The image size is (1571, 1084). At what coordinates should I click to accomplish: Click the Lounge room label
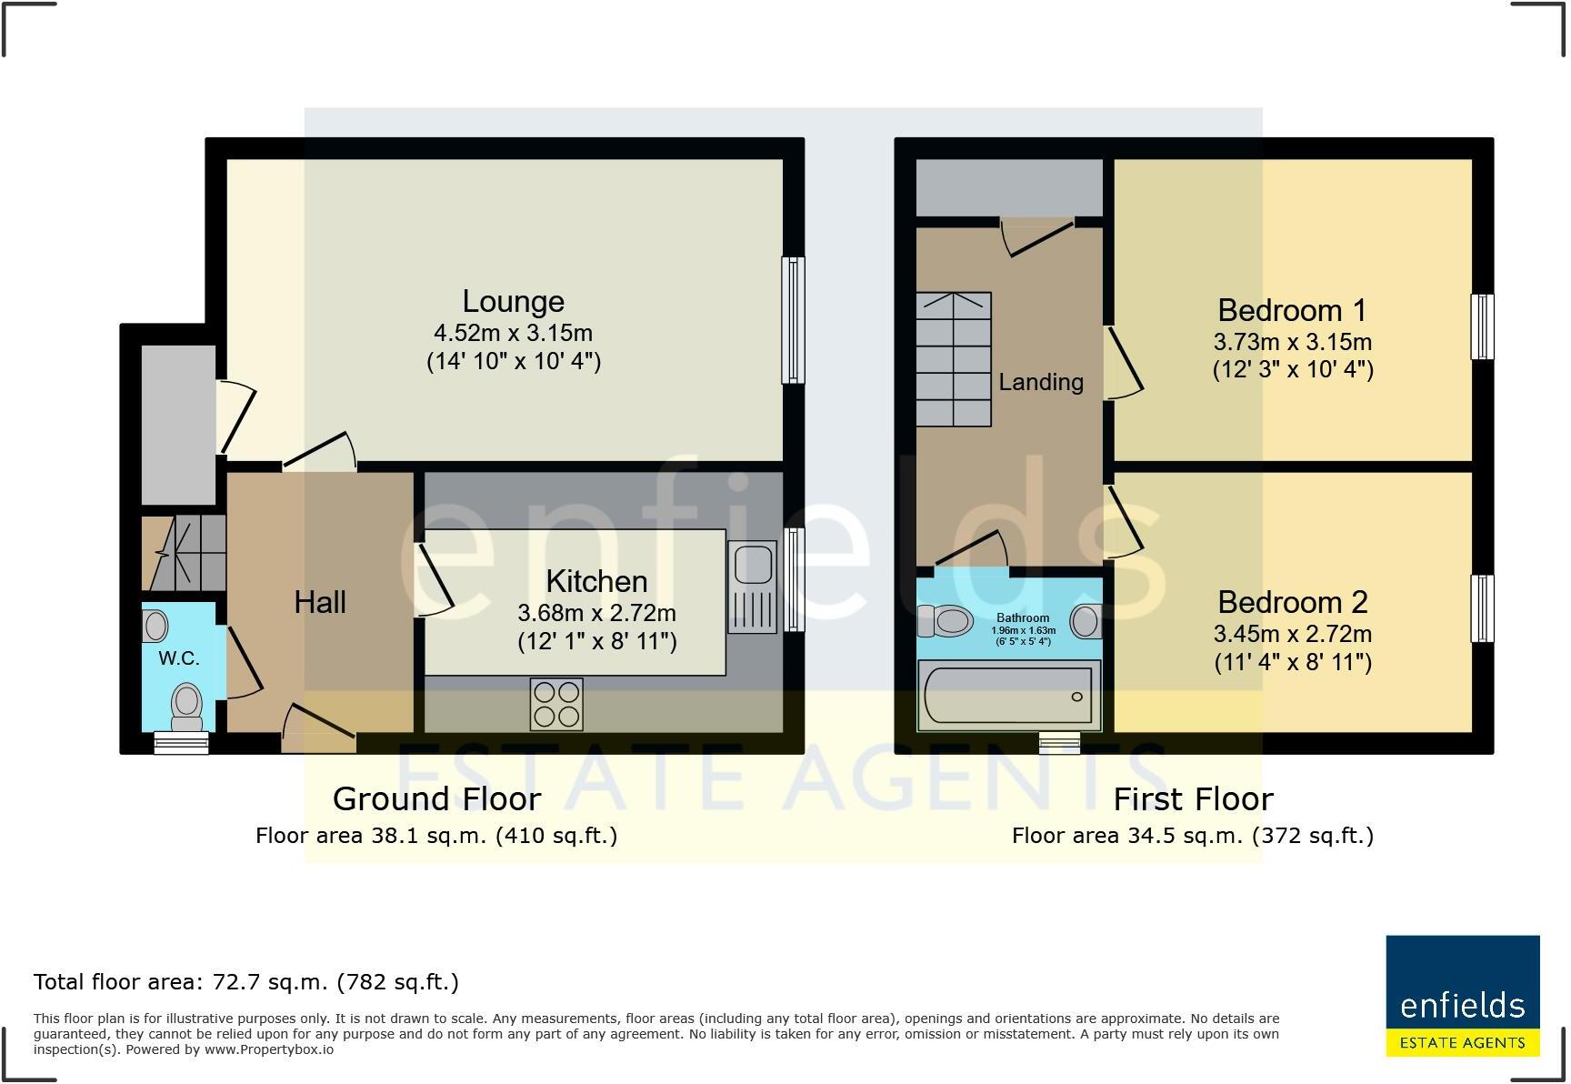tap(513, 301)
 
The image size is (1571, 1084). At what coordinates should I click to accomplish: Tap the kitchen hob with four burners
tap(557, 704)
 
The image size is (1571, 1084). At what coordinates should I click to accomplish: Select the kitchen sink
tap(752, 587)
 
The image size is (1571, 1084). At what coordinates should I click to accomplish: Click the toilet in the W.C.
tap(187, 708)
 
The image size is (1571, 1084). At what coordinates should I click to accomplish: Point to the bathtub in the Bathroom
tap(1009, 697)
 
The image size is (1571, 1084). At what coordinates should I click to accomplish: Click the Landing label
tap(1041, 382)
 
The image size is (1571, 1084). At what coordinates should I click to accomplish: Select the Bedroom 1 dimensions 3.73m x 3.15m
tap(1292, 343)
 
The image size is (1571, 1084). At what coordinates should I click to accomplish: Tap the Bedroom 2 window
tap(1482, 607)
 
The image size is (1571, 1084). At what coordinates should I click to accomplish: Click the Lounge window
tap(794, 320)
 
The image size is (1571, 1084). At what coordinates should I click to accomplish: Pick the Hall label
tap(320, 602)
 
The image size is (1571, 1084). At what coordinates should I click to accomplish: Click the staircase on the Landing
tap(953, 359)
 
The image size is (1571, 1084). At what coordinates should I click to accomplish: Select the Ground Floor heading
tap(436, 798)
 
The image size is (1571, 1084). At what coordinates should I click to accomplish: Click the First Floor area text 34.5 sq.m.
tap(1192, 835)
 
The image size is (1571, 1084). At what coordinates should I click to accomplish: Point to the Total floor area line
tap(245, 982)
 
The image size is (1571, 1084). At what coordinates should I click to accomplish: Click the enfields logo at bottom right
tap(1462, 996)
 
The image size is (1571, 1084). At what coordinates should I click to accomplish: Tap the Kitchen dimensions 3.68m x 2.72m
tap(596, 613)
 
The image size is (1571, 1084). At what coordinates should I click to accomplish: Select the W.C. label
tap(178, 657)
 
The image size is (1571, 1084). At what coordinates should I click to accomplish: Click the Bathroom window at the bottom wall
tap(1060, 743)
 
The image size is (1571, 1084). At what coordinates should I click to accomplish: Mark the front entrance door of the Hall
tap(318, 732)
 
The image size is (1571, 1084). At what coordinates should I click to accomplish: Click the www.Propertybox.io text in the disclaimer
tap(268, 1049)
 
